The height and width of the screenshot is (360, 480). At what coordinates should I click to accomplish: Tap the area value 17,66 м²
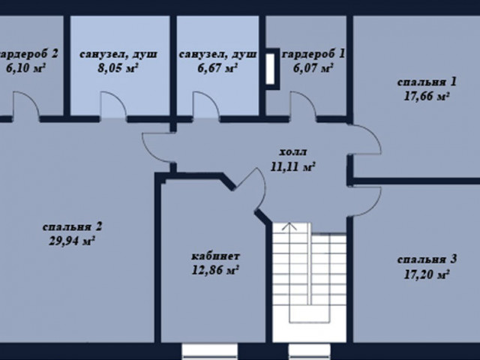click(x=427, y=97)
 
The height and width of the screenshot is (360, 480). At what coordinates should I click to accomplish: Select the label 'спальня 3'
click(x=427, y=259)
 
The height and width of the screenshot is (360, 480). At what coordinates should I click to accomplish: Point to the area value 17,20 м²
click(x=427, y=274)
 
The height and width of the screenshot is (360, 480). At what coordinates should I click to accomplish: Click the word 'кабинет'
click(x=216, y=256)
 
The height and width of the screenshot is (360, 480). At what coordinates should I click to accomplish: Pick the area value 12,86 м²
click(x=215, y=270)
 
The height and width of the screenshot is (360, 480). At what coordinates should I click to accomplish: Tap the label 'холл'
click(x=293, y=152)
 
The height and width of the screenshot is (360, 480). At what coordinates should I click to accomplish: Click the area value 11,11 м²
click(x=292, y=167)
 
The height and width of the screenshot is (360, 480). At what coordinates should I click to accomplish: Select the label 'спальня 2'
click(x=72, y=227)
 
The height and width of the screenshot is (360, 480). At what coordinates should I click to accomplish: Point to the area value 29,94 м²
click(x=71, y=241)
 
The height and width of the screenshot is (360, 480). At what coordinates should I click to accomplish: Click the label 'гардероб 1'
click(x=313, y=54)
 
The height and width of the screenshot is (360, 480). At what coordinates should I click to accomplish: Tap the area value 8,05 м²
click(x=118, y=68)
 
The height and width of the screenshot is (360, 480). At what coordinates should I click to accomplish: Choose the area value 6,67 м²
click(x=217, y=68)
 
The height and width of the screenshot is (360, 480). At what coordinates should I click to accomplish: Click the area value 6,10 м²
click(x=26, y=68)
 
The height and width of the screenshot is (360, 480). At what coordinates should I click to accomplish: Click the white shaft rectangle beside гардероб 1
click(x=270, y=69)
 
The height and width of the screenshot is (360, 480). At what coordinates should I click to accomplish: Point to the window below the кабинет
click(x=210, y=352)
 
